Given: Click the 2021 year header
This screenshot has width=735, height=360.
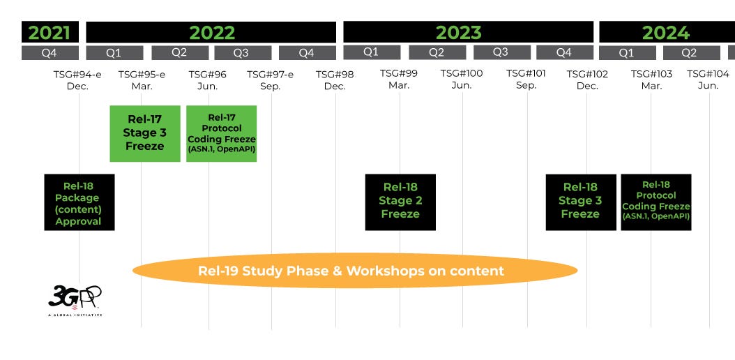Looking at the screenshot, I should pos(50,32).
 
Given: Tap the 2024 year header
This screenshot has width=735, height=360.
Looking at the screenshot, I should pos(666,32).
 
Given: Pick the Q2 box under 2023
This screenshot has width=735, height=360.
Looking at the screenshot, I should pos(437,52).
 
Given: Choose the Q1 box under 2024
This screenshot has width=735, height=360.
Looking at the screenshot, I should pos(627,52).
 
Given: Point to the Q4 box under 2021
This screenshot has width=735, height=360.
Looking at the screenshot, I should pos(50,52).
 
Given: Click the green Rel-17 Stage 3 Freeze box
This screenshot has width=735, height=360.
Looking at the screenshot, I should pos(145,133).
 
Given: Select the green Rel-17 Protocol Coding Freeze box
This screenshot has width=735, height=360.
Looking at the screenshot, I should pos(221,133).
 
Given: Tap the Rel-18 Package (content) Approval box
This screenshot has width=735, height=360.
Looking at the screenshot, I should pos(79,202).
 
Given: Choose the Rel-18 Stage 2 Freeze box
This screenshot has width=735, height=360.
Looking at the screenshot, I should pos(400,202).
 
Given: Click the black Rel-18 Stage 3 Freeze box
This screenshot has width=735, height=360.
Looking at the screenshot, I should pos(580,202).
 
